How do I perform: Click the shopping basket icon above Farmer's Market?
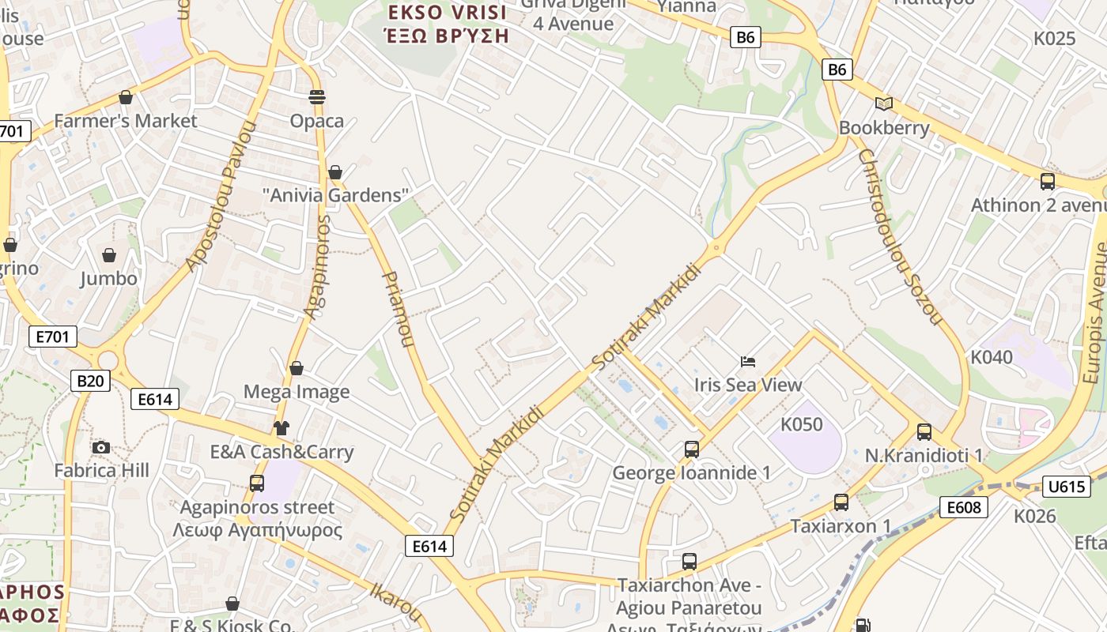(x=125, y=97)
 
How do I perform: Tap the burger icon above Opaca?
(x=317, y=97)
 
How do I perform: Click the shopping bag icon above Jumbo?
(x=109, y=255)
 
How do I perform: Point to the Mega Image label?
(x=297, y=392)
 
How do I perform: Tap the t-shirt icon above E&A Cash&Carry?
(x=281, y=428)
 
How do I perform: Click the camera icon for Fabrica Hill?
(x=100, y=448)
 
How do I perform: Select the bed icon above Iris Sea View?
(x=748, y=362)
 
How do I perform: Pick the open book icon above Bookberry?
(x=883, y=103)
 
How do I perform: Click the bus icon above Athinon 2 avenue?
(x=1048, y=182)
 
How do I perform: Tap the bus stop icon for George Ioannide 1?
(x=692, y=450)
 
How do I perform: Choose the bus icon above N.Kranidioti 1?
(x=924, y=432)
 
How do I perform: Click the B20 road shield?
(x=90, y=381)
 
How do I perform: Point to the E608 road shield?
(x=964, y=507)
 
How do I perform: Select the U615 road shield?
(x=1066, y=487)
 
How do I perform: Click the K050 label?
(x=802, y=424)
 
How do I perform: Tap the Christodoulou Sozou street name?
(x=900, y=237)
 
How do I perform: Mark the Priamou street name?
(x=398, y=309)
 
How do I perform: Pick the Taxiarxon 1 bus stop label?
(x=841, y=526)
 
